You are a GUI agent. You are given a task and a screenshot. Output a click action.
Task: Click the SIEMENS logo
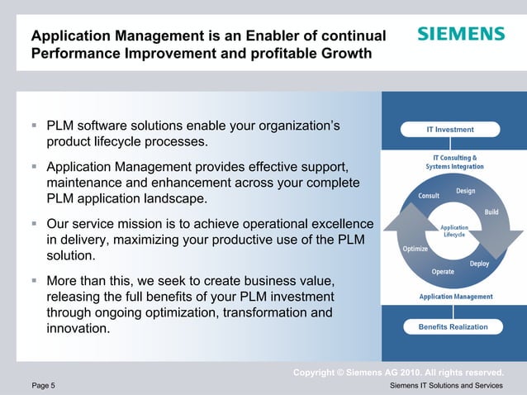(x=460, y=34)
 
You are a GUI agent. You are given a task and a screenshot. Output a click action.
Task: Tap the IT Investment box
(x=450, y=129)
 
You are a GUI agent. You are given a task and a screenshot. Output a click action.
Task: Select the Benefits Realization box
(x=451, y=326)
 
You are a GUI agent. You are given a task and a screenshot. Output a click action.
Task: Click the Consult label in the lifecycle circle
(x=428, y=196)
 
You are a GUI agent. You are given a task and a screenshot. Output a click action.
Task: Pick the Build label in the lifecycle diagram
(x=491, y=212)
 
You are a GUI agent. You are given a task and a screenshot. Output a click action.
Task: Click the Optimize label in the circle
(x=415, y=248)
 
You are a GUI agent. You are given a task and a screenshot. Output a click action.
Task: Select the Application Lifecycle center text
(x=453, y=231)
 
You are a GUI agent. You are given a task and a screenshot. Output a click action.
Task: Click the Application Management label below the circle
(x=456, y=296)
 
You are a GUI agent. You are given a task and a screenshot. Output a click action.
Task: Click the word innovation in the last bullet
(x=78, y=329)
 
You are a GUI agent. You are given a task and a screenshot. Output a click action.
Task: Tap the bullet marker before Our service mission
(x=34, y=224)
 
